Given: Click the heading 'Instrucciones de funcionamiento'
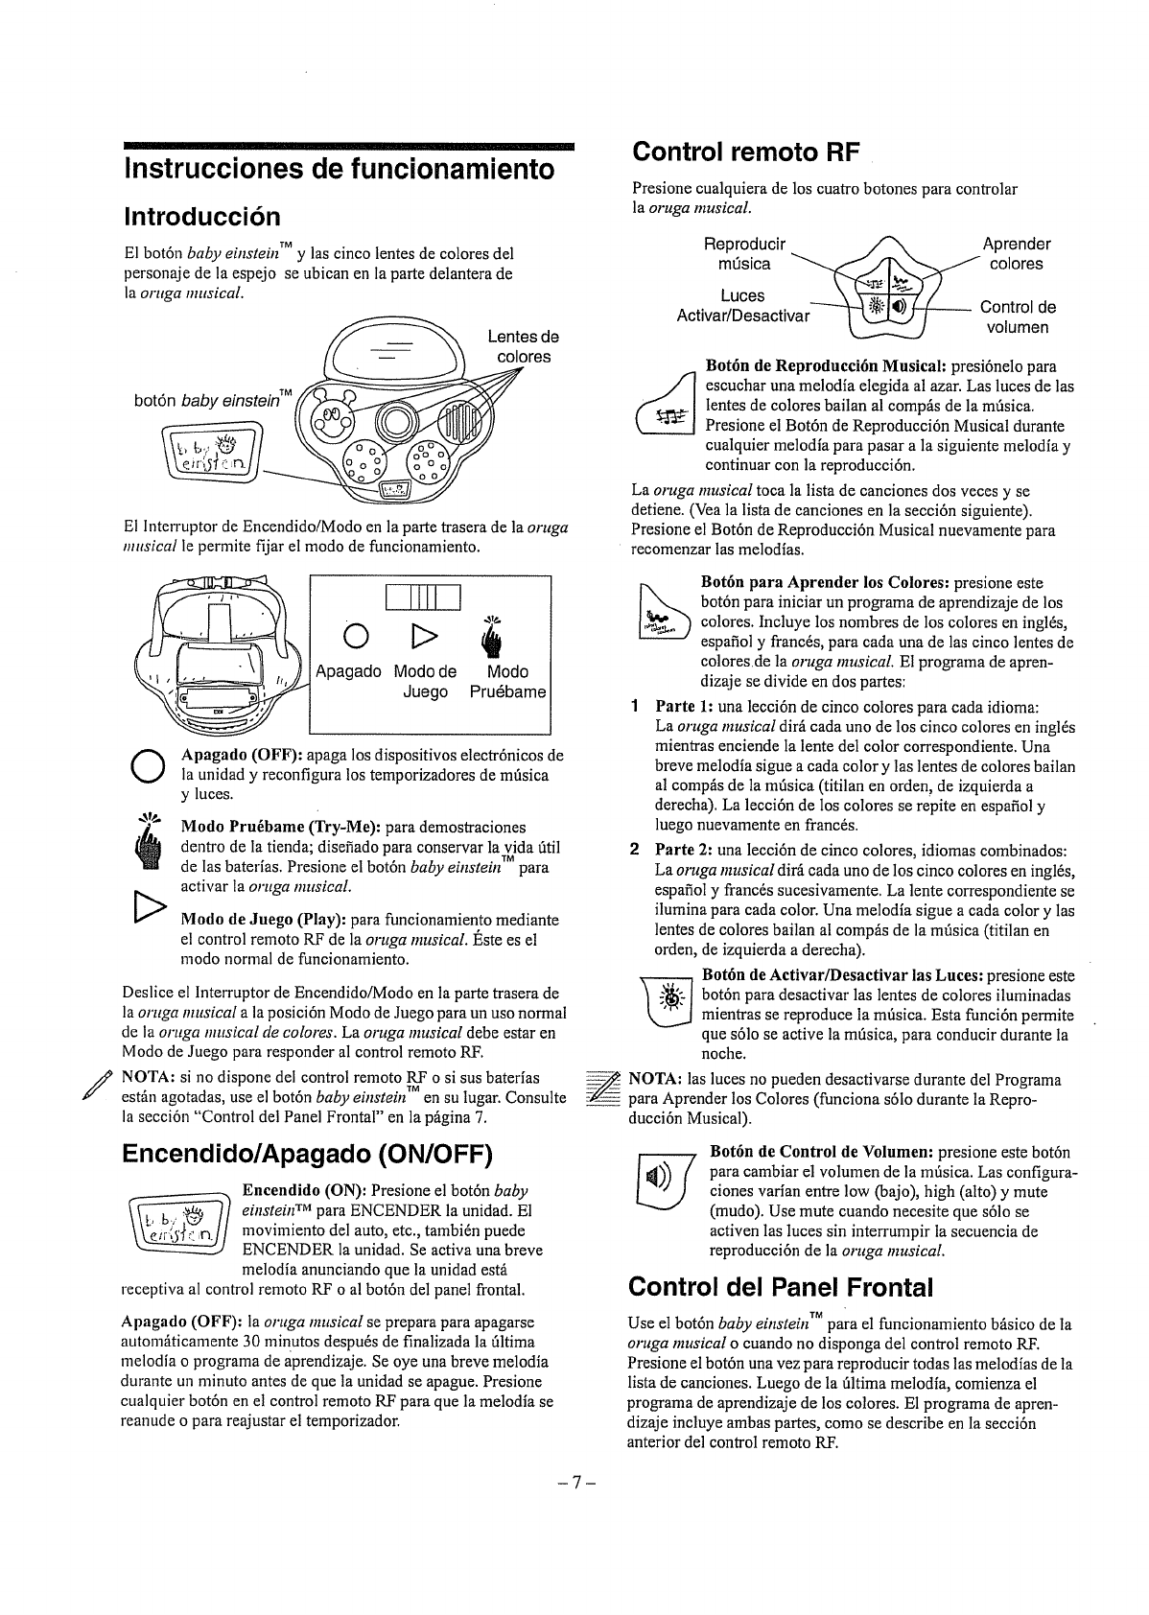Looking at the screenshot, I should [x=339, y=169].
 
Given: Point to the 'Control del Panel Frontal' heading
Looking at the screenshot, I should [x=780, y=1286].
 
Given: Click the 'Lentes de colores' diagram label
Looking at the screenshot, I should [x=523, y=347].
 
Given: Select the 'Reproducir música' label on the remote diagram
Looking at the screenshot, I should [x=744, y=253].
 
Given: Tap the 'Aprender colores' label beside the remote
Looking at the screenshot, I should [x=1017, y=253].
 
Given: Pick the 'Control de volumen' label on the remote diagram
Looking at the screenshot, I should [x=1018, y=317].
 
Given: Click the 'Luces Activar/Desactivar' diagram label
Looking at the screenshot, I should [x=743, y=306].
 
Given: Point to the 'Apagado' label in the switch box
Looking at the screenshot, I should [x=348, y=672].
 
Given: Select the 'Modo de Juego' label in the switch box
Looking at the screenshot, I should [x=426, y=681].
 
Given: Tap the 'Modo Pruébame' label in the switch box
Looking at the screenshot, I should [x=507, y=681].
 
